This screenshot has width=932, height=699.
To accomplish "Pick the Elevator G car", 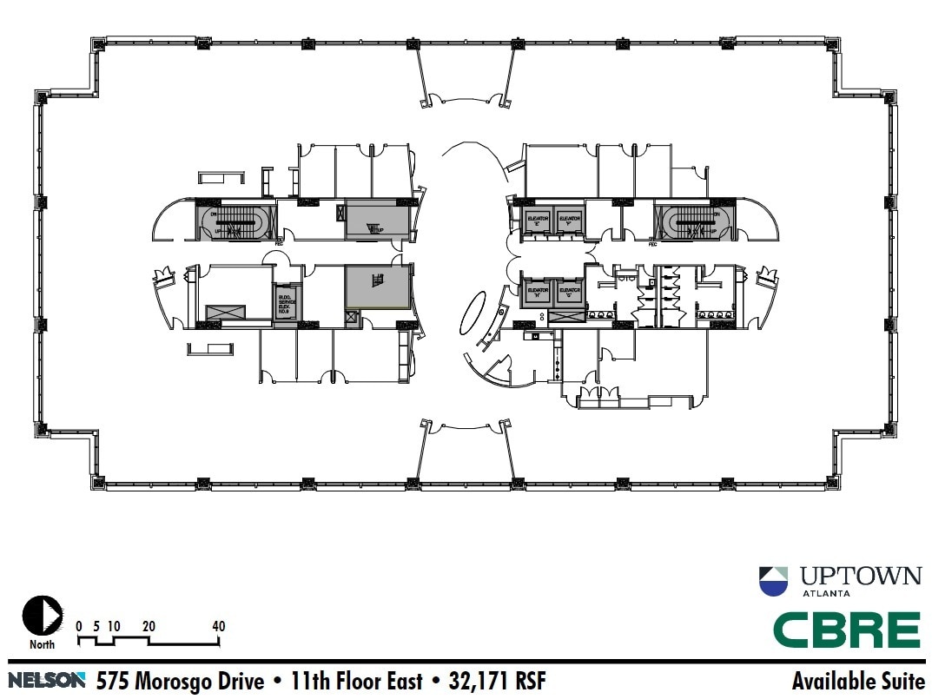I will [569, 291].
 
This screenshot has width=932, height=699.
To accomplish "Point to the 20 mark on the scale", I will [149, 626].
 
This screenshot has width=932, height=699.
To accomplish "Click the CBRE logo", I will [846, 630].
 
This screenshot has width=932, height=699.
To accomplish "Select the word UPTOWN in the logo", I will [860, 576].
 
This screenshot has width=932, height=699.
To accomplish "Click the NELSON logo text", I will [48, 680].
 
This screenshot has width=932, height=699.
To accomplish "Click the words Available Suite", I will [857, 680].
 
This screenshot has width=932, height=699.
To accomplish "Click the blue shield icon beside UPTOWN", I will [773, 581].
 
